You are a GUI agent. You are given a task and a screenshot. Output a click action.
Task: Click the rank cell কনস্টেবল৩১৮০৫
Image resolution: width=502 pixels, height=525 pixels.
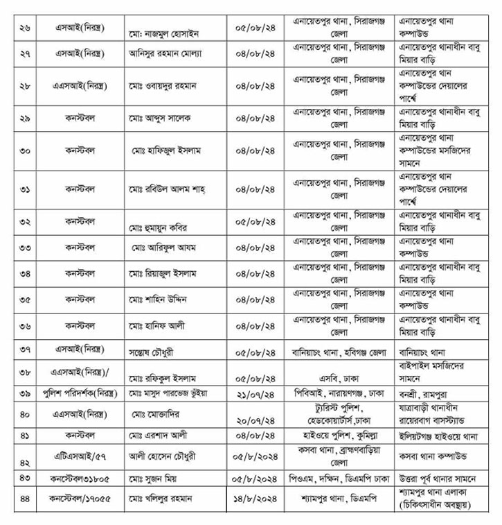79,479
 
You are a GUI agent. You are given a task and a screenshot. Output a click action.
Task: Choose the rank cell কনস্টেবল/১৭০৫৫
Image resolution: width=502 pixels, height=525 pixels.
79,498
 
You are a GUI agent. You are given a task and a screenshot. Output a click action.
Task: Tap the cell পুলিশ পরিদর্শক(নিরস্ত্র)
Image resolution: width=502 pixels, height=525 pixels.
79,393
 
